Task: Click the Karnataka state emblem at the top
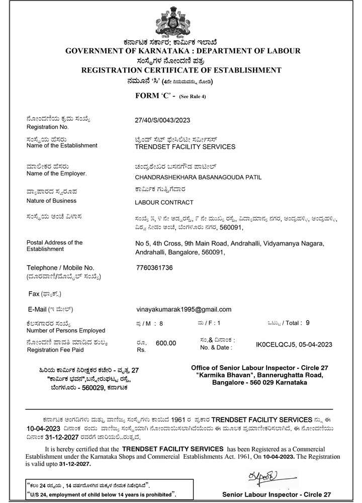click(181, 20)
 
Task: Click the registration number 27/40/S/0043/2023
click(163, 120)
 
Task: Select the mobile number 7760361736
click(154, 268)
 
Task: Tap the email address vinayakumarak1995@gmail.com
click(184, 309)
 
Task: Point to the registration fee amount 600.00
click(166, 343)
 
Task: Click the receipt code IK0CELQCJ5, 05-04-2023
click(294, 345)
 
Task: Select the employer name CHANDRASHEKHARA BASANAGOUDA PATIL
click(199, 177)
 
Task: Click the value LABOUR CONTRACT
click(164, 202)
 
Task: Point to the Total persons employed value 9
click(308, 323)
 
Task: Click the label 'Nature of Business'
click(51, 201)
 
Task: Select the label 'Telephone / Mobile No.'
click(60, 268)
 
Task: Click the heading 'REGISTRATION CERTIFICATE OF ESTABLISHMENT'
click(181, 70)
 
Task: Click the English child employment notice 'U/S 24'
click(101, 495)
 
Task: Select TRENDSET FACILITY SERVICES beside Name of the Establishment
click(185, 147)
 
